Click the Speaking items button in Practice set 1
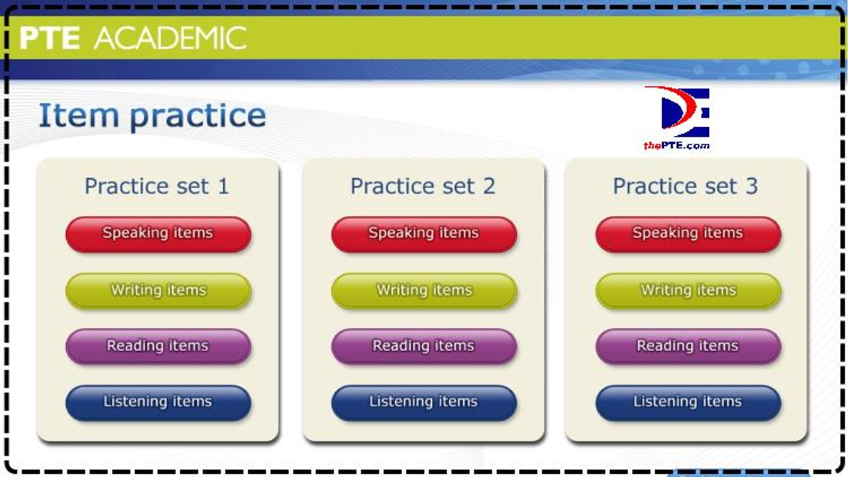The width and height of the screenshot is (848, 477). click(x=158, y=235)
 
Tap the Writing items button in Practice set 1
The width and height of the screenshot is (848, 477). click(x=158, y=291)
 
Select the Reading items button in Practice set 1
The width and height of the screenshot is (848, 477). click(x=158, y=346)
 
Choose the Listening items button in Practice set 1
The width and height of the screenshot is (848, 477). click(x=158, y=403)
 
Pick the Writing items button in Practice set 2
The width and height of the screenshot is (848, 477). click(x=424, y=291)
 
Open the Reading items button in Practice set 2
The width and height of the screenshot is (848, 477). click(x=424, y=346)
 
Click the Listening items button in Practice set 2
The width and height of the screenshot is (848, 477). click(x=424, y=403)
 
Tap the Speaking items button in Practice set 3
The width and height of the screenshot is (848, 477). click(x=688, y=235)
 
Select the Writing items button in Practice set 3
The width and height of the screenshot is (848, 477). click(x=688, y=291)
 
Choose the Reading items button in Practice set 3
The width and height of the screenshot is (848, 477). click(x=688, y=346)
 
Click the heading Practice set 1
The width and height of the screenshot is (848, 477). click(x=157, y=186)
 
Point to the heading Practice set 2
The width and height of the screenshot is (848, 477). click(x=423, y=186)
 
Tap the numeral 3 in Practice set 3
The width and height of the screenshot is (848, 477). click(x=751, y=186)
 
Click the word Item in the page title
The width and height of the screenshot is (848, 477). click(x=79, y=115)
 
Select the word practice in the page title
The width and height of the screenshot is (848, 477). click(x=198, y=117)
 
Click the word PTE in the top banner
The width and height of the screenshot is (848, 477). click(x=50, y=38)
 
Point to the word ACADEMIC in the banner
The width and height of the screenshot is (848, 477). click(x=170, y=38)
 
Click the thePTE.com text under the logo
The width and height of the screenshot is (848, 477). click(x=676, y=145)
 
